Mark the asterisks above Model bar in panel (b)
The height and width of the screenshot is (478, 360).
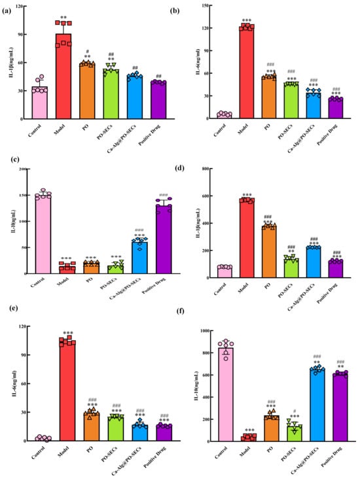coord(247,20)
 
